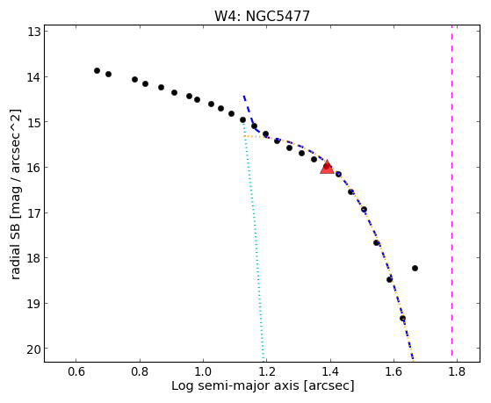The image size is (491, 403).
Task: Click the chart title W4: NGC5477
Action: (262, 16)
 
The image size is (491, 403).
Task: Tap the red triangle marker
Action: (327, 167)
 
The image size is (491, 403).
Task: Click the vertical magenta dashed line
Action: (451, 191)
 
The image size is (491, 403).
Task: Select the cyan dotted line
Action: (254, 241)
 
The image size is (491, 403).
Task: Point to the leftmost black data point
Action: (97, 71)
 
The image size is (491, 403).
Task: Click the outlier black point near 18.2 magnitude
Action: (415, 268)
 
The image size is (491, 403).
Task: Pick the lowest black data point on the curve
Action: (402, 318)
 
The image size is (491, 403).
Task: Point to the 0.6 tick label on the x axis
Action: (76, 371)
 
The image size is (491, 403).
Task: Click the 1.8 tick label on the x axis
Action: (457, 371)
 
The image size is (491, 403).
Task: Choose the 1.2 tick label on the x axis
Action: (266, 371)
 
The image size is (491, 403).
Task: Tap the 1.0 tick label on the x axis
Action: (203, 371)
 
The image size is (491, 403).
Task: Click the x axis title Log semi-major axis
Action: (235, 386)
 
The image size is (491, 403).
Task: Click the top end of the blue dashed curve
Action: (243, 96)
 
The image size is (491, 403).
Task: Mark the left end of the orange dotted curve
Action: (244, 136)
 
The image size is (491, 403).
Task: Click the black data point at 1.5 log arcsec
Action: (364, 210)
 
